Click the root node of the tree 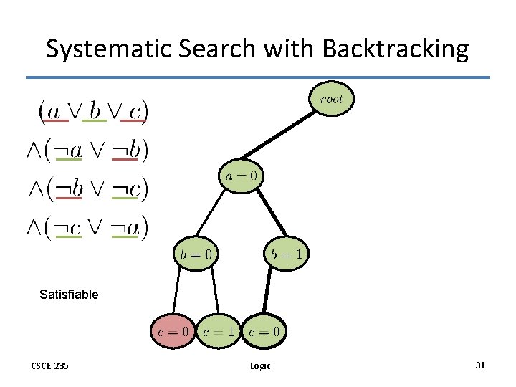pyautogui.click(x=331, y=100)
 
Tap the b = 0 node pyautogui.click(x=195, y=253)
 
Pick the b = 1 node pyautogui.click(x=287, y=253)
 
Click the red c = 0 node pyautogui.click(x=173, y=331)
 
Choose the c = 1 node pyautogui.click(x=218, y=331)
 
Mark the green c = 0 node pyautogui.click(x=264, y=331)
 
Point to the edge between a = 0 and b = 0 pyautogui.click(x=212, y=214)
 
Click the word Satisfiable pyautogui.click(x=69, y=294)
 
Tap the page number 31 pyautogui.click(x=480, y=365)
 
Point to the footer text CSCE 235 pyautogui.click(x=49, y=366)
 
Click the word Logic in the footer pyautogui.click(x=260, y=366)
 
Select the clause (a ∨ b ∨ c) pyautogui.click(x=93, y=110)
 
